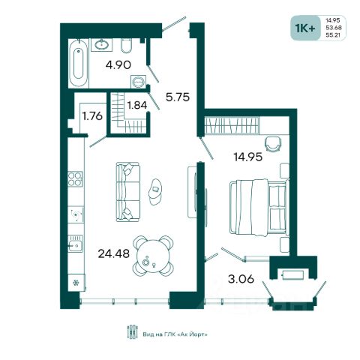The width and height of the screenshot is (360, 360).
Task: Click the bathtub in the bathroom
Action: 79,63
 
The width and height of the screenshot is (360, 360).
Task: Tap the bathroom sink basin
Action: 101,44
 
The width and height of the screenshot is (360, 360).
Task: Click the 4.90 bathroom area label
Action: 118,65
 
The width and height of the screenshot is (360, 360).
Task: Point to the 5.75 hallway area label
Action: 178,97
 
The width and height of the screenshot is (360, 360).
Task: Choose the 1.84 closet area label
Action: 137,105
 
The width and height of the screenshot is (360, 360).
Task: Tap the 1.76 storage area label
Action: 92,116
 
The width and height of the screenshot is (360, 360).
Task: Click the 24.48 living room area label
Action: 114,253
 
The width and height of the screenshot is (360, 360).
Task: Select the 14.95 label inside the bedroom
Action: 248,157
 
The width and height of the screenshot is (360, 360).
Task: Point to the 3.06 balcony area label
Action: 241,278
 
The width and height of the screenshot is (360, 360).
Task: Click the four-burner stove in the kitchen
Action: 75,179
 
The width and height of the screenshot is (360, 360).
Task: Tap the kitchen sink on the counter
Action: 76,243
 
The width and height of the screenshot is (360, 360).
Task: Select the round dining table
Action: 153,256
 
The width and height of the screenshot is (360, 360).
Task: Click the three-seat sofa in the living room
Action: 127,192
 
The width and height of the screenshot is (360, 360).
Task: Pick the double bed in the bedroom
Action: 259,208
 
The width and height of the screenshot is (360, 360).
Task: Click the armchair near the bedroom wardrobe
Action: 273,143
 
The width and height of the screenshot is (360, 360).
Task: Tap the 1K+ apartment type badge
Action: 305,28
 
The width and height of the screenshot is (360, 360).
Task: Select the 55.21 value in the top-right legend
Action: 334,35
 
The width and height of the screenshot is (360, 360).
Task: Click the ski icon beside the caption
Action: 133,331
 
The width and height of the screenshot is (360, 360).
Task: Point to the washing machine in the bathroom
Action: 138,81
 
